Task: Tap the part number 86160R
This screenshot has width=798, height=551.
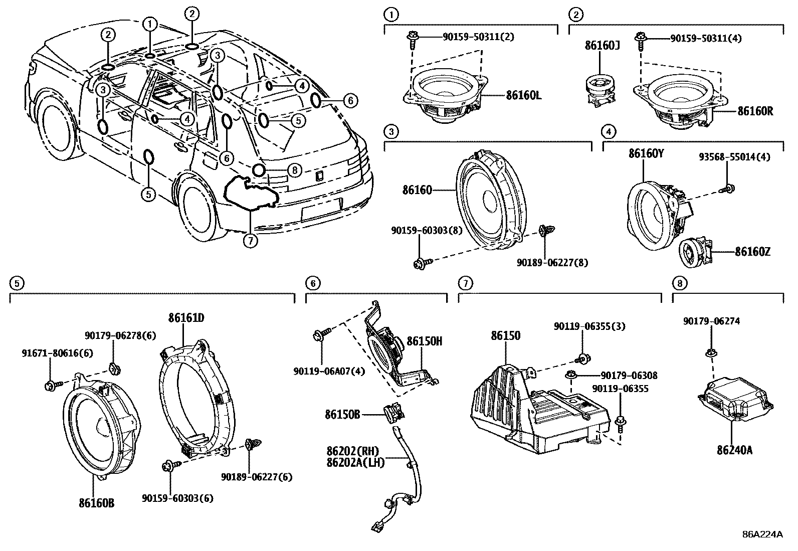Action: click(754, 111)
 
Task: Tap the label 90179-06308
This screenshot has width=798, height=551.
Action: click(629, 375)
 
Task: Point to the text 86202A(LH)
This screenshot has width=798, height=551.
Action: click(354, 462)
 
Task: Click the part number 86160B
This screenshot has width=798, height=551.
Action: click(96, 503)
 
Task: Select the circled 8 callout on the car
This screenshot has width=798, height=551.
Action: click(294, 170)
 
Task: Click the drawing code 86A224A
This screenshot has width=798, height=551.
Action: click(762, 534)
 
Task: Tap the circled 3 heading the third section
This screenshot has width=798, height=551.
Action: click(391, 132)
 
